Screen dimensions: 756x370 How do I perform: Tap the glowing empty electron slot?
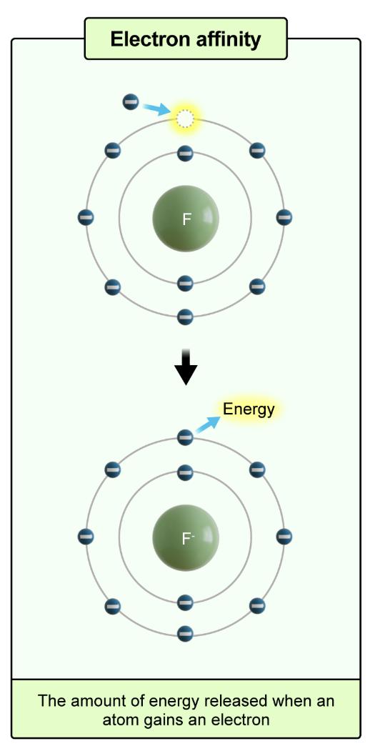pos(185,119)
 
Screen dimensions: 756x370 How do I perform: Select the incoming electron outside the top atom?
pos(131,101)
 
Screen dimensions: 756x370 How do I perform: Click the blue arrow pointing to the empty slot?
pos(156,109)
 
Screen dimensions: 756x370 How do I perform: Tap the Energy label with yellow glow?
pos(249,409)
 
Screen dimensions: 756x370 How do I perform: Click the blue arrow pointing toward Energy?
pos(207,424)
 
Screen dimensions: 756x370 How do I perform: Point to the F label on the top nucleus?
pos(186,219)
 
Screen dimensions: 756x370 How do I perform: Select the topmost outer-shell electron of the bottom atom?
pos(185,437)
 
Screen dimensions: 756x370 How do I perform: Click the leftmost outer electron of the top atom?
pos(86,217)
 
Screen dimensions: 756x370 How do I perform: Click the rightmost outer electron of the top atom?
pos(284,217)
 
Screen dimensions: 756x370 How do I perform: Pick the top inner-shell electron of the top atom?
pos(185,152)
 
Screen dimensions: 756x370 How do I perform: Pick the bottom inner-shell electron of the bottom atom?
pos(185,601)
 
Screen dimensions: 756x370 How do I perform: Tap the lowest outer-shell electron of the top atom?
pos(185,316)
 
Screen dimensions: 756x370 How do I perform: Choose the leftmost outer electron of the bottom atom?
pos(86,536)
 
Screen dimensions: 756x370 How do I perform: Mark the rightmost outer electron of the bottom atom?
pos(284,536)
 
